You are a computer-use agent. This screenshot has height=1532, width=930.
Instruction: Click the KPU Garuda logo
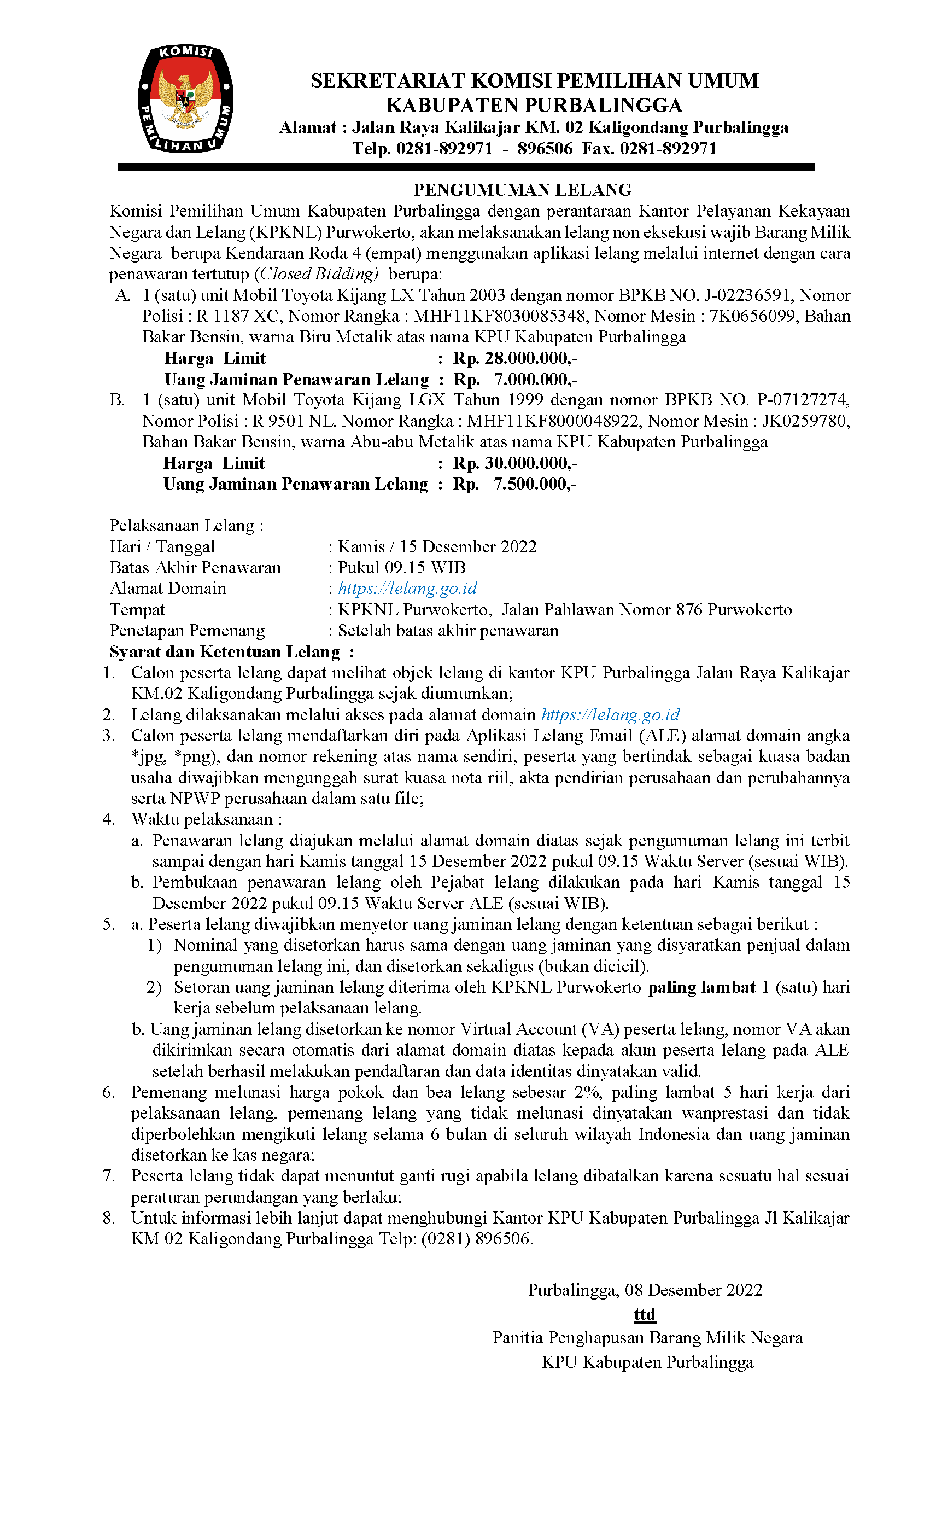[x=185, y=99]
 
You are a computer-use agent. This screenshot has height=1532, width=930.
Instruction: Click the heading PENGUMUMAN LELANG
[x=522, y=190]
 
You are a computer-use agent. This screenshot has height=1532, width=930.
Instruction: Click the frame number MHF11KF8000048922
[x=553, y=421]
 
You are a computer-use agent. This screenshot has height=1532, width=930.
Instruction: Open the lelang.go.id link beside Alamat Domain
[x=407, y=588]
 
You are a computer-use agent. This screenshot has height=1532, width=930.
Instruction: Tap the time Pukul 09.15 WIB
[x=402, y=567]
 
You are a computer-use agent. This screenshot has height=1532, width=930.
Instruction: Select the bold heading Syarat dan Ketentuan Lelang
[x=224, y=651]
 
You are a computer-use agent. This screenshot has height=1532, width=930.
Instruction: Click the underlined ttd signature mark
[x=645, y=1314]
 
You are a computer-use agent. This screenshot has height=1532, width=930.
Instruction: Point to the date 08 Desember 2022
[x=693, y=1290]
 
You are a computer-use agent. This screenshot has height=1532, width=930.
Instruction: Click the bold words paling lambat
[x=701, y=987]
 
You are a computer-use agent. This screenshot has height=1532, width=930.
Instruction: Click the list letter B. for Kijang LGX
[x=118, y=400]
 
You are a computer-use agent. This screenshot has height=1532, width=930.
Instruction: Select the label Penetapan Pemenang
[x=186, y=631]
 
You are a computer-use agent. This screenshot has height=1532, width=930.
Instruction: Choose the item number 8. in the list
[x=109, y=1218]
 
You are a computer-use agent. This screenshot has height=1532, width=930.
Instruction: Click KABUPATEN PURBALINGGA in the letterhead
[x=534, y=105]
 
